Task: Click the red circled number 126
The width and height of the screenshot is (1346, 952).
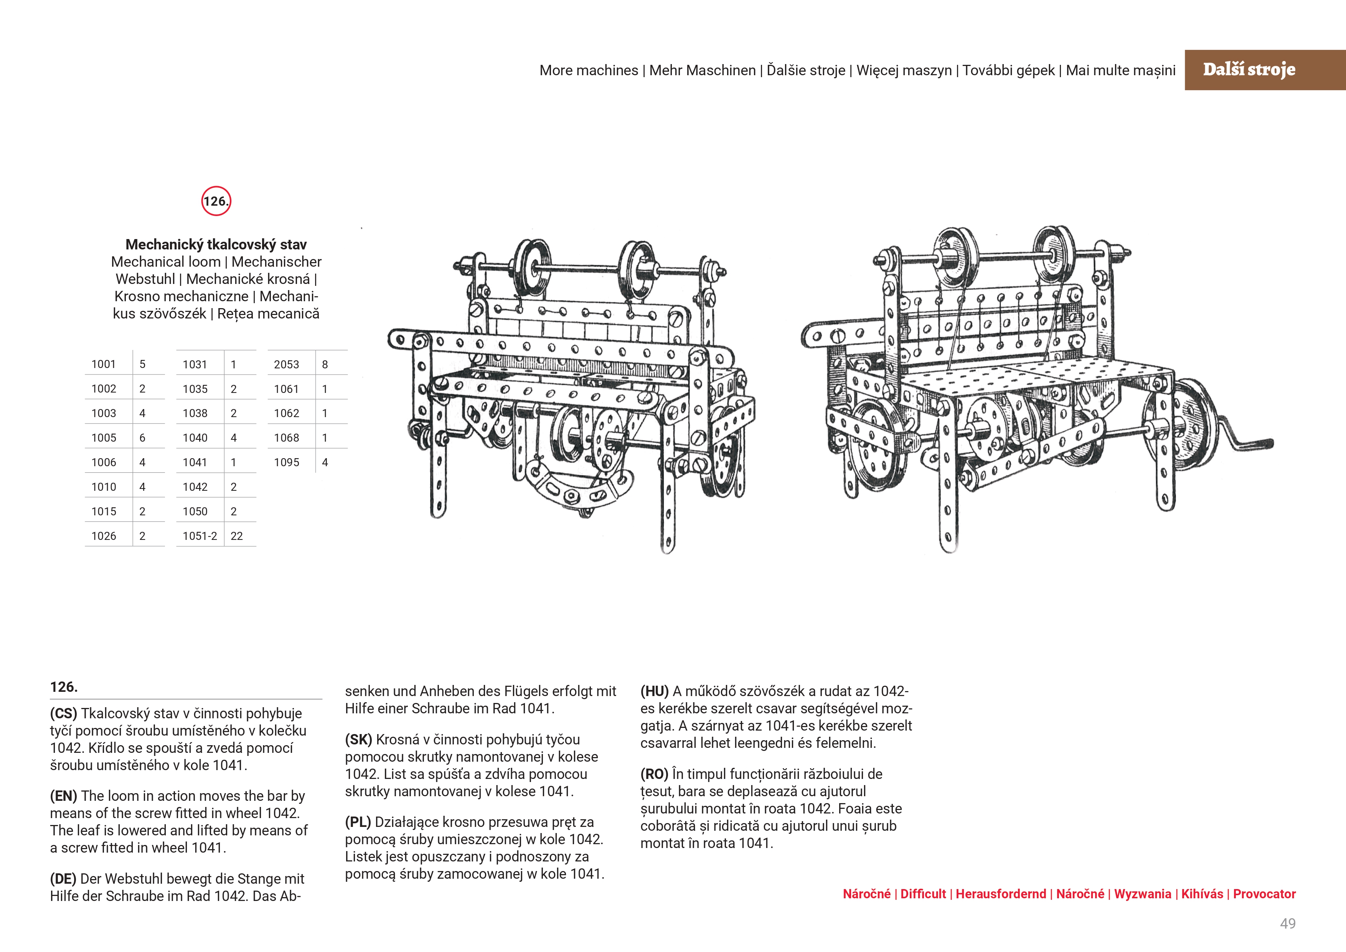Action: point(216,201)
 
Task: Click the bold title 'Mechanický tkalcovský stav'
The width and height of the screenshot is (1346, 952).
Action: point(216,244)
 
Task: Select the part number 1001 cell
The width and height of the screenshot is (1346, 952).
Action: point(104,364)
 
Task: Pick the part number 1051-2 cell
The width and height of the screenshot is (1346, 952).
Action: point(199,536)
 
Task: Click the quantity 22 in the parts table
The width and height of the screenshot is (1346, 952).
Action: point(236,536)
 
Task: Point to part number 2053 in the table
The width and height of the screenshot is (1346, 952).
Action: point(286,364)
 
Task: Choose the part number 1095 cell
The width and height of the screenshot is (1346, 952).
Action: point(286,462)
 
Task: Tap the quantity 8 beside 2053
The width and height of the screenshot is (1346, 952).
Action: point(325,364)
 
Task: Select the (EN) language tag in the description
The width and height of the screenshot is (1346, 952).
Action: point(63,796)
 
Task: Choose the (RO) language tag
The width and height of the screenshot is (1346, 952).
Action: point(654,774)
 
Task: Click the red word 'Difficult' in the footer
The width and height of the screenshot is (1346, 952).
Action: point(923,894)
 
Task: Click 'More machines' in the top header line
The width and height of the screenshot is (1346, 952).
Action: point(589,70)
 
